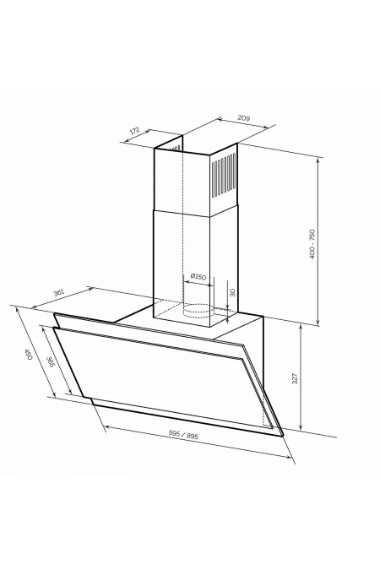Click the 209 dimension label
click(244, 117)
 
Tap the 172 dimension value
click(135, 131)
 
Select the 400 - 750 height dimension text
click(312, 244)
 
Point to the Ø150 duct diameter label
click(198, 277)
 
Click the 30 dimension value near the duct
click(233, 292)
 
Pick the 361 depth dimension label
click(59, 292)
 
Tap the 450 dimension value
click(29, 354)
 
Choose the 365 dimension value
click(51, 361)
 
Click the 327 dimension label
click(295, 378)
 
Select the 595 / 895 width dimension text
click(183, 435)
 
